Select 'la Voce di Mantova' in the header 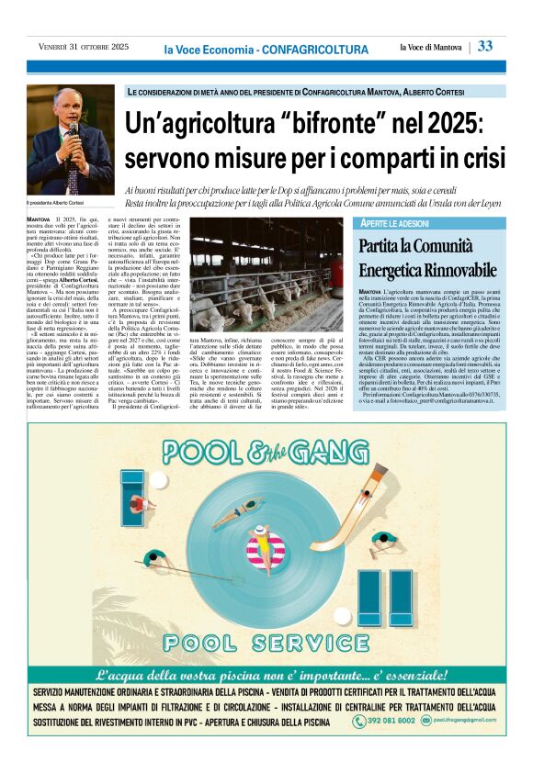(432, 47)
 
